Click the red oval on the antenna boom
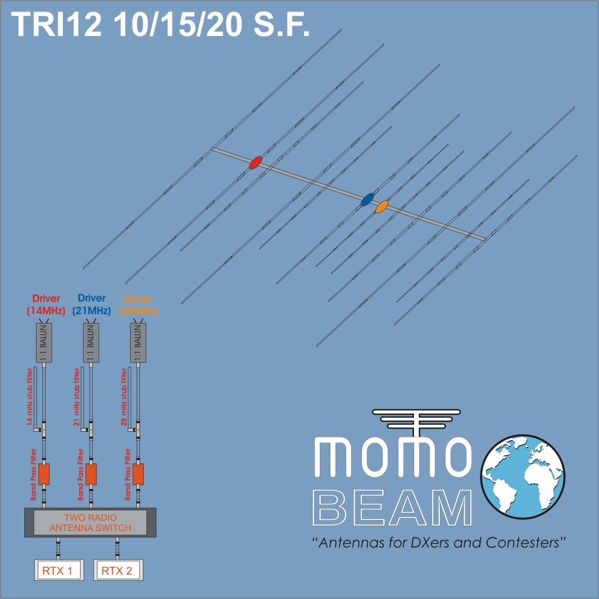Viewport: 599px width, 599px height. tap(255, 162)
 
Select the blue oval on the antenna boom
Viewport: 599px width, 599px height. tap(367, 199)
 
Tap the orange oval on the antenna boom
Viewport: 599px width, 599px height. tap(382, 207)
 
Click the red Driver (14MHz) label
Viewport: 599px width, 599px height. tap(46, 305)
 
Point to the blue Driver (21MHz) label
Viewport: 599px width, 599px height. tap(91, 305)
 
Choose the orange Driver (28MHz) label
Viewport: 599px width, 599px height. tap(138, 305)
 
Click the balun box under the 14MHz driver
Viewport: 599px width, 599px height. tap(44, 343)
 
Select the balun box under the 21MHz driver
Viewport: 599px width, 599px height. tap(91, 343)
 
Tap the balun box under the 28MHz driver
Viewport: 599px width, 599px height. tap(138, 343)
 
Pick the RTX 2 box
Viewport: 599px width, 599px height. tap(119, 570)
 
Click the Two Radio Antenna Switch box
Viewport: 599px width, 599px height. tap(90, 522)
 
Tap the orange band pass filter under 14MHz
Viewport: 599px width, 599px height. tap(44, 474)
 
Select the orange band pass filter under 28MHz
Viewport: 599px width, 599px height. tap(138, 474)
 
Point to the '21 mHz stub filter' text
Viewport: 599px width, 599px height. tap(77, 397)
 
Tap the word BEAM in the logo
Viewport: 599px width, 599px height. tap(392, 508)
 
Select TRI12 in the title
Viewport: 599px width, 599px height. tap(57, 24)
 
